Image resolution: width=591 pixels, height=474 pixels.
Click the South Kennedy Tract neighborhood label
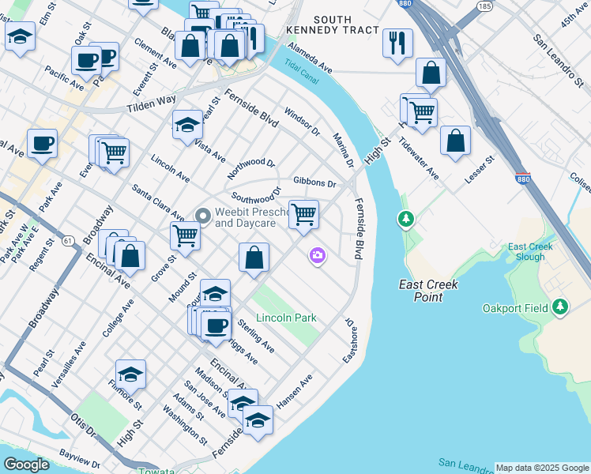pyautogui.click(x=342, y=26)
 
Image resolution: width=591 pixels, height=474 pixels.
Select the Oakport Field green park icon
pyautogui.click(x=560, y=306)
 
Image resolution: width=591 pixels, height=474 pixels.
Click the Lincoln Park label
pyautogui.click(x=286, y=318)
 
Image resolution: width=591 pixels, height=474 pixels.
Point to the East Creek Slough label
pyautogui.click(x=530, y=251)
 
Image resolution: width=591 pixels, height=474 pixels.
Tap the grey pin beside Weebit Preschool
pyautogui.click(x=202, y=215)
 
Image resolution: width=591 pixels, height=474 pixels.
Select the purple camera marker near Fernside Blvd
pyautogui.click(x=318, y=255)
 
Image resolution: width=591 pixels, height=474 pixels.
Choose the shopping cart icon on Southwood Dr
pyautogui.click(x=303, y=214)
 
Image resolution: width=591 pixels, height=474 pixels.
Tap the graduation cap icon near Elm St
pyautogui.click(x=20, y=36)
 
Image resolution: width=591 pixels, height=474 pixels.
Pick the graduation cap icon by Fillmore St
pyautogui.click(x=130, y=374)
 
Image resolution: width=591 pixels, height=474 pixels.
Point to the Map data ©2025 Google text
pyautogui.click(x=542, y=468)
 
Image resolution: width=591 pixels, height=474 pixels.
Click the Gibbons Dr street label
pyautogui.click(x=314, y=182)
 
